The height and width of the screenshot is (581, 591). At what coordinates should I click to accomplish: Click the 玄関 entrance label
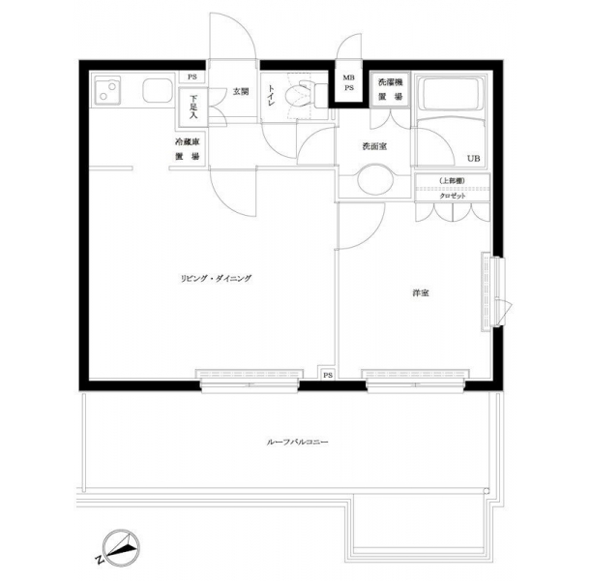click(241, 92)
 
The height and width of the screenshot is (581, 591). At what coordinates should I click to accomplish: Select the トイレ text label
click(272, 95)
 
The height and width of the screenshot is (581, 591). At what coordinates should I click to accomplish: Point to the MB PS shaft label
click(349, 83)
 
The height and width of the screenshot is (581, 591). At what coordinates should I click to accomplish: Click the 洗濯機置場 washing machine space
click(390, 90)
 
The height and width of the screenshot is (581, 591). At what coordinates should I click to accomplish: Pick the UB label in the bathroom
click(474, 159)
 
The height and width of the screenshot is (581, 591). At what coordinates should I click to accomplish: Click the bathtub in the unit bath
click(451, 94)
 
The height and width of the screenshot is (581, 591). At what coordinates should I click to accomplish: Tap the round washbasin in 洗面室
click(375, 179)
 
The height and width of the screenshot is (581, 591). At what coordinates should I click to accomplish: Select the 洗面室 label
click(374, 147)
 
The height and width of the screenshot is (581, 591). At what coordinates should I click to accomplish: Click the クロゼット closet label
click(453, 196)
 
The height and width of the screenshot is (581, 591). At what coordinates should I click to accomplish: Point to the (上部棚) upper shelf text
click(453, 181)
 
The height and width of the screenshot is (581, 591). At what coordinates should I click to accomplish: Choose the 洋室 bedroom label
click(421, 292)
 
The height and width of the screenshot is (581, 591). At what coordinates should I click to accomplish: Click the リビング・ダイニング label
click(216, 279)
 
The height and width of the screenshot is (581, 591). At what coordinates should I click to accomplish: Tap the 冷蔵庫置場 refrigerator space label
click(188, 149)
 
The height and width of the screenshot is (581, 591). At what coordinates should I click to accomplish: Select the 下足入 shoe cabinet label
click(193, 107)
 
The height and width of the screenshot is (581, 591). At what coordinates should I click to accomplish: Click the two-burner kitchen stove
click(107, 90)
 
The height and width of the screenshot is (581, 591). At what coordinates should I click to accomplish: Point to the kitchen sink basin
click(158, 91)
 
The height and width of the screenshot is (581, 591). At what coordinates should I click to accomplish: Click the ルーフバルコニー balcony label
click(297, 442)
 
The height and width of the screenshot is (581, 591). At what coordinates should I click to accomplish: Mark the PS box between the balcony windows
click(328, 375)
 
